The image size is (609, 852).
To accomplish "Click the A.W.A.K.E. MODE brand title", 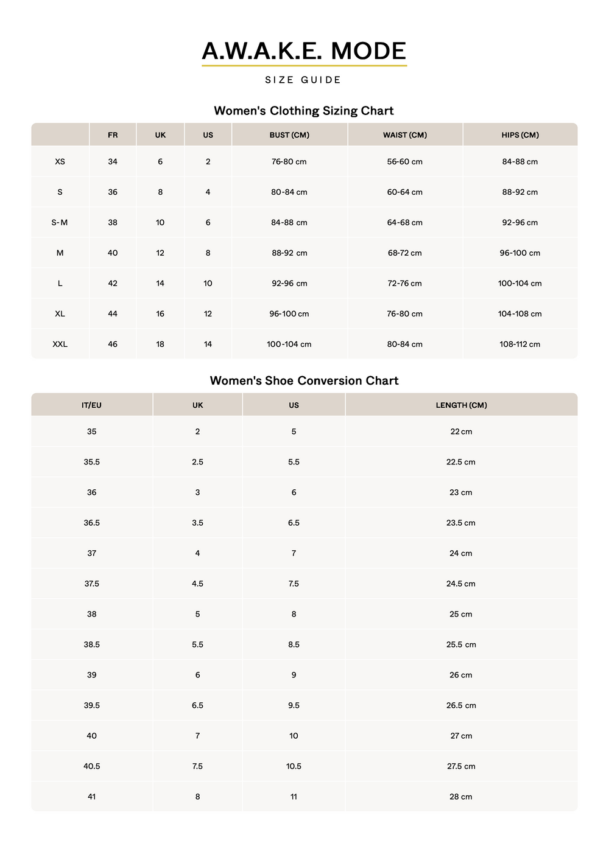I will pyautogui.click(x=304, y=51).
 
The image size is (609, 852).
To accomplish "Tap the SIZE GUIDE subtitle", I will pyautogui.click(x=303, y=80).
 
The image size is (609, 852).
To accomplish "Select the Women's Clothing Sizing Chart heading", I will pyautogui.click(x=304, y=111).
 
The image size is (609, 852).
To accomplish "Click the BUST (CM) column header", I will pyautogui.click(x=289, y=135).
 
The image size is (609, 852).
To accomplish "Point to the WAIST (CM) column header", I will pyautogui.click(x=405, y=135).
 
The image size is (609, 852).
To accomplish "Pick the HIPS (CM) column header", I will pyautogui.click(x=520, y=135).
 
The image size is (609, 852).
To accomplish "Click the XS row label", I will pyautogui.click(x=60, y=162).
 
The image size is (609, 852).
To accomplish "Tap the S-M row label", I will pyautogui.click(x=60, y=223).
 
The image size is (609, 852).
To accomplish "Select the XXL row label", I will pyautogui.click(x=60, y=344).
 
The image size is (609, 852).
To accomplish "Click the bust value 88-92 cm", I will pyautogui.click(x=289, y=253).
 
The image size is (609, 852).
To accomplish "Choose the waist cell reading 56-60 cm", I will pyautogui.click(x=405, y=162).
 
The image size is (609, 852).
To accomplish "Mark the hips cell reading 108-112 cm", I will pyautogui.click(x=520, y=344).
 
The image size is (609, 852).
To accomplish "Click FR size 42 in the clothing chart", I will pyautogui.click(x=113, y=284).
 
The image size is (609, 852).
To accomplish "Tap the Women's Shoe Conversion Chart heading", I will pyautogui.click(x=304, y=381).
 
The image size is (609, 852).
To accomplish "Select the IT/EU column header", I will pyautogui.click(x=92, y=405).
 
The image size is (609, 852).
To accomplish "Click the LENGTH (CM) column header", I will pyautogui.click(x=461, y=405).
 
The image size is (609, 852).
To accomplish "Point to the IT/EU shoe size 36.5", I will pyautogui.click(x=92, y=523).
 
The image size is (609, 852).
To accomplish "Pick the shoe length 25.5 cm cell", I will pyautogui.click(x=461, y=644).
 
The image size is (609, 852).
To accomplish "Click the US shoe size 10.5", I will pyautogui.click(x=294, y=766).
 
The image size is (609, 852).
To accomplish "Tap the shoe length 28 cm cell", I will pyautogui.click(x=461, y=797).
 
